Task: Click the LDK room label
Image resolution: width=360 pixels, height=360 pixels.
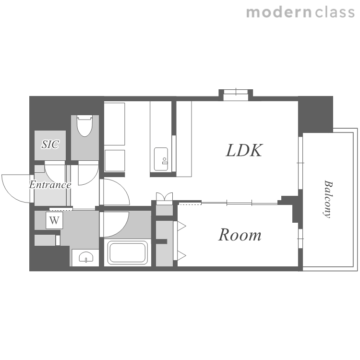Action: pos(244,151)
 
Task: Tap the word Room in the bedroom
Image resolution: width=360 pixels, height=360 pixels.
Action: pos(240,235)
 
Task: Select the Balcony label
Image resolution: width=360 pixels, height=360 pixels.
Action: pos(328,199)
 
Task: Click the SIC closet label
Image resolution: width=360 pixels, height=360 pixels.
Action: pos(50,144)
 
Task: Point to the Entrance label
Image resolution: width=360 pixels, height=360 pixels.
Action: pos(50,185)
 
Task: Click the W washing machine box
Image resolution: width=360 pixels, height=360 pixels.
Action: pos(54,220)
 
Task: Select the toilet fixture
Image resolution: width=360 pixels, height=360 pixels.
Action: pos(84,126)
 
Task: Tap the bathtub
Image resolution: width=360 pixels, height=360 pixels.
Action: pos(127,252)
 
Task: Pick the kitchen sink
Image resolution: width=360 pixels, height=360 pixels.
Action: pos(161,159)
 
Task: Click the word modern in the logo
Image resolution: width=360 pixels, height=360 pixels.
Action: pos(279,12)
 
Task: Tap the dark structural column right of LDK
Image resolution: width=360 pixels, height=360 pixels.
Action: pos(316,114)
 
